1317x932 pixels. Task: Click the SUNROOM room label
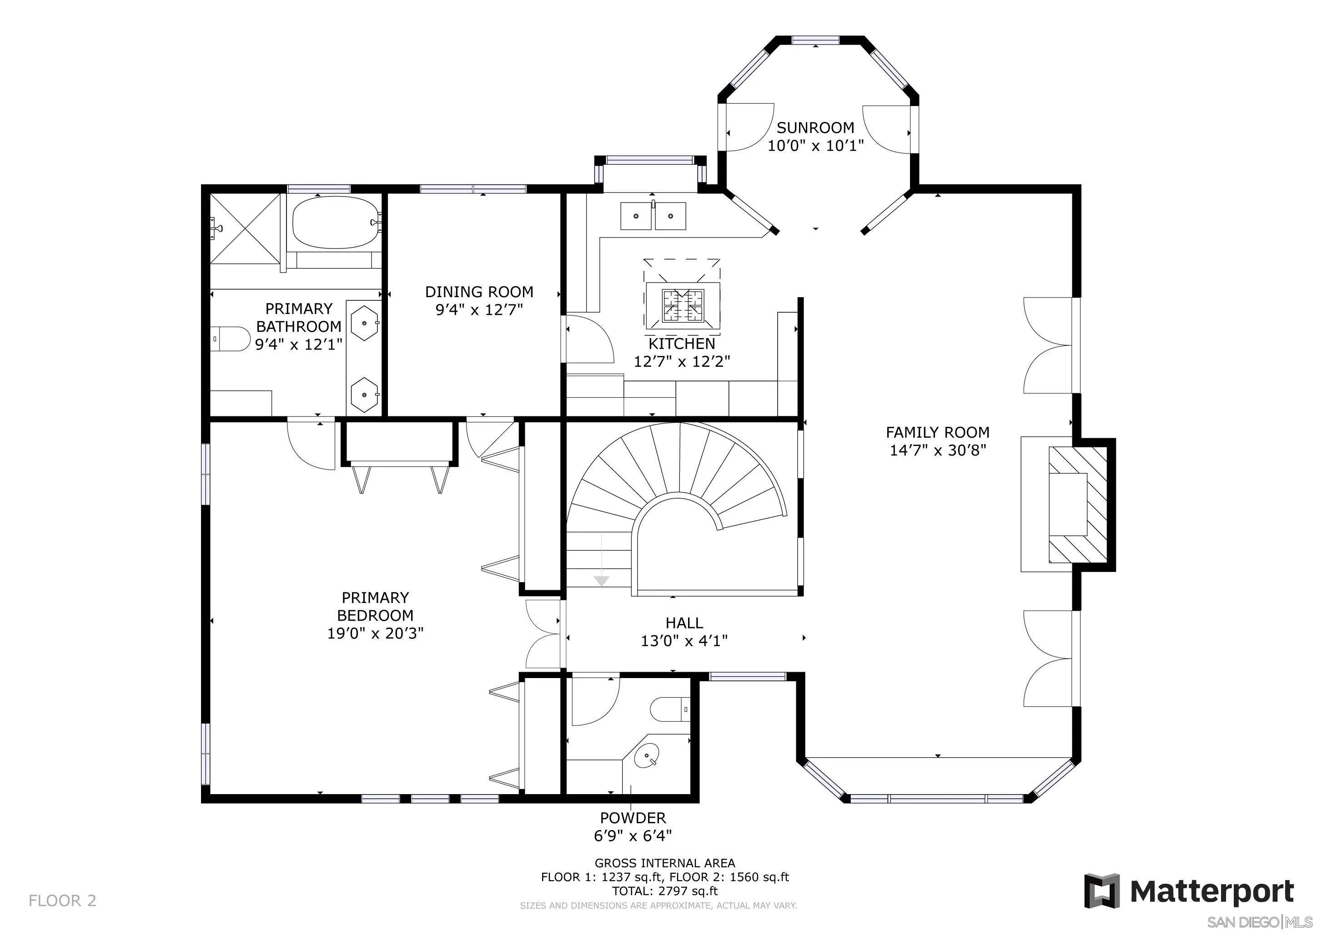click(x=815, y=127)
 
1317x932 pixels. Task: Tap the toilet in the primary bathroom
click(x=228, y=339)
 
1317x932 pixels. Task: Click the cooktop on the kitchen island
click(x=683, y=305)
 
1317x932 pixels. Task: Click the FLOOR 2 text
click(x=62, y=901)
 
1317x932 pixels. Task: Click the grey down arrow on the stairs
click(x=601, y=581)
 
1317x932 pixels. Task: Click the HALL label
click(x=684, y=623)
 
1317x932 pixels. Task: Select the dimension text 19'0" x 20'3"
click(x=375, y=633)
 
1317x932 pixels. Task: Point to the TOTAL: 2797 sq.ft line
click(x=665, y=891)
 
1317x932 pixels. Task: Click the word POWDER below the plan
click(x=633, y=818)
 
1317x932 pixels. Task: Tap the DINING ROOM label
click(x=479, y=292)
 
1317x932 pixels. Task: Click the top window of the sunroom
click(x=815, y=40)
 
